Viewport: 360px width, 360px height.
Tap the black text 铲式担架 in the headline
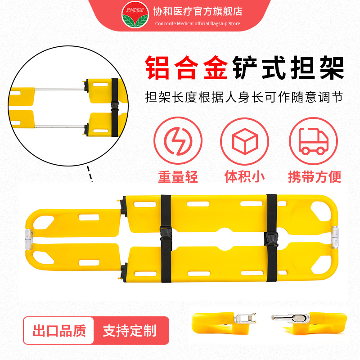[x=288, y=69]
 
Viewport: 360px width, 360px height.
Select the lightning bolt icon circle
[x=175, y=140]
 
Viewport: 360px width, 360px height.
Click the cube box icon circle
[x=245, y=140]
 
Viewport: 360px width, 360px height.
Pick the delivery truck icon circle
[x=314, y=140]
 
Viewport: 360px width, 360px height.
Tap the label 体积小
[x=245, y=176]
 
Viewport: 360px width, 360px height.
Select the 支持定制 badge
[x=129, y=332]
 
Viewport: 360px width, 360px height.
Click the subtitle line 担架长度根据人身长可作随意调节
[x=244, y=97]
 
